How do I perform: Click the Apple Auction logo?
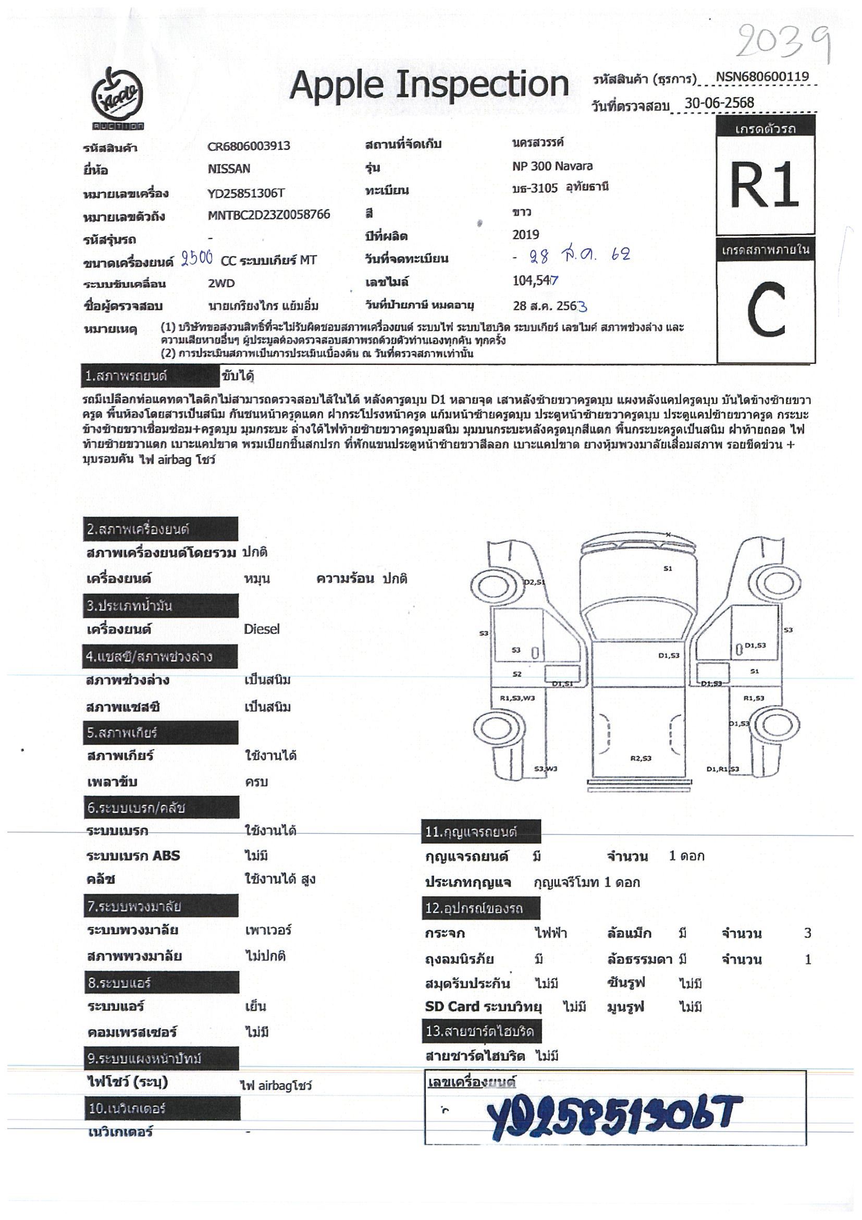click(x=117, y=99)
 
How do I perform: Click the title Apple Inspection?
click(x=428, y=85)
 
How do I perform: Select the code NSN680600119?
click(x=761, y=77)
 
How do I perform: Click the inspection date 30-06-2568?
click(x=719, y=103)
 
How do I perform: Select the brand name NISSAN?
click(x=228, y=169)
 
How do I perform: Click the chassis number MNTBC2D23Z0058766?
click(x=269, y=215)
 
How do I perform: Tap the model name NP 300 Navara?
click(x=552, y=166)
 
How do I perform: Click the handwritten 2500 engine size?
click(x=197, y=259)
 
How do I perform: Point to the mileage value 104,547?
click(x=535, y=280)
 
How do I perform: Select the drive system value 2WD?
click(x=221, y=283)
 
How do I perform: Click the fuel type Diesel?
click(x=261, y=629)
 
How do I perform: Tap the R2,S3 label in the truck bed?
click(x=640, y=758)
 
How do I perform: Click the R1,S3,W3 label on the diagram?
click(x=517, y=698)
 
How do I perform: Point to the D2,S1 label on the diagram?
click(x=534, y=582)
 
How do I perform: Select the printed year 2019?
click(x=525, y=235)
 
